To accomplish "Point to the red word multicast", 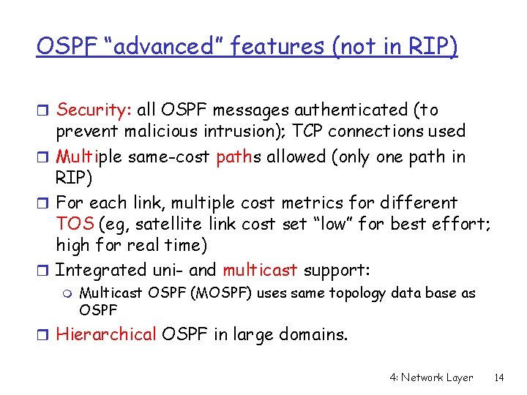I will (x=260, y=270).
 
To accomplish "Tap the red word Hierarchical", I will (x=106, y=335).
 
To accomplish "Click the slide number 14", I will (x=500, y=377).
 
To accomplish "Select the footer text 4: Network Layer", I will (x=432, y=377).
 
